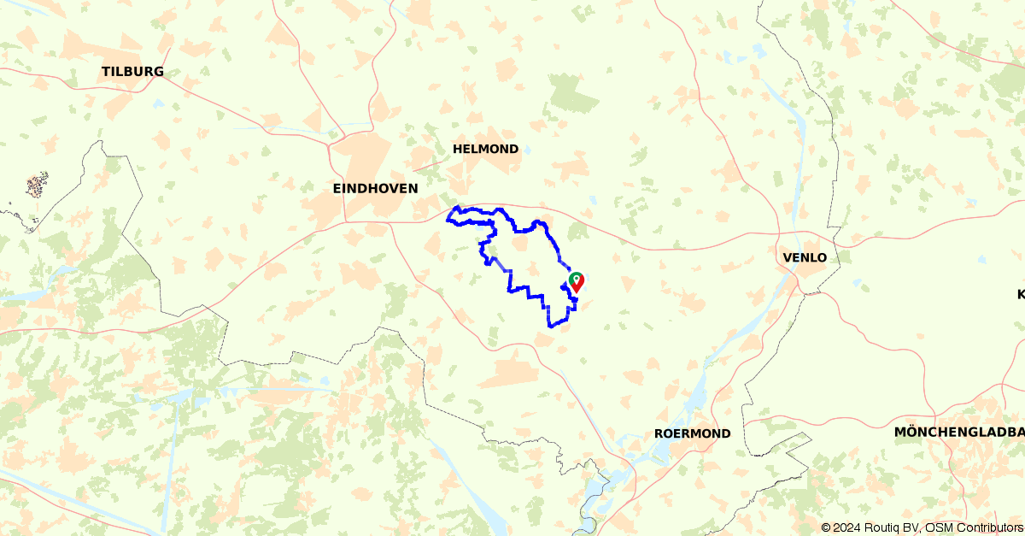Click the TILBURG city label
click(x=132, y=72)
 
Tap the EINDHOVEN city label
click(x=375, y=188)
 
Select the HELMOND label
click(x=485, y=149)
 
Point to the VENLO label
click(x=804, y=257)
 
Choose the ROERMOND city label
click(x=692, y=433)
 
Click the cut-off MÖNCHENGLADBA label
click(x=958, y=432)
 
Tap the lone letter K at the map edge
click(x=1020, y=294)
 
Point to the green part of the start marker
click(x=574, y=277)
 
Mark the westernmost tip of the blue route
click(x=448, y=219)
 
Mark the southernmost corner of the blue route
click(x=551, y=326)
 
